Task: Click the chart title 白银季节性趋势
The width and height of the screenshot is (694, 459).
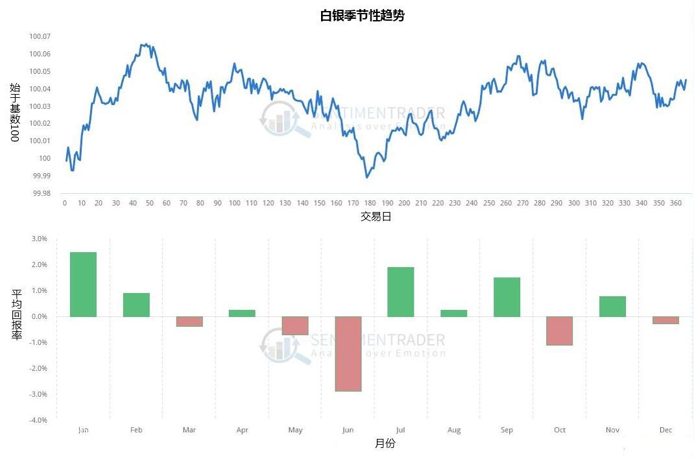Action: pos(362,16)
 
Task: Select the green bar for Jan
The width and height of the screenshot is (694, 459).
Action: pos(83,284)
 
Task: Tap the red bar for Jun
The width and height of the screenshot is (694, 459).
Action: pos(348,353)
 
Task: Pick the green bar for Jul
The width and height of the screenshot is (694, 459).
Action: pos(400,292)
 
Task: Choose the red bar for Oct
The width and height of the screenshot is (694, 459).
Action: pos(559,331)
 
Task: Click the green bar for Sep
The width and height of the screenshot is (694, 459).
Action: pos(507,297)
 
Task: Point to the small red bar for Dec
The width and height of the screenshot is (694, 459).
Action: pos(665,320)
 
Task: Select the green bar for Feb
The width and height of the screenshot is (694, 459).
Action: pos(136,305)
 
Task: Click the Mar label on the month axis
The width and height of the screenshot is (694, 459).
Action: pos(189,430)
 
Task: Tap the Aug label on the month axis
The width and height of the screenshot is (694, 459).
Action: pos(454,430)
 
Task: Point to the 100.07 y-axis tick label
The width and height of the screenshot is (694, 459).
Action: pos(40,36)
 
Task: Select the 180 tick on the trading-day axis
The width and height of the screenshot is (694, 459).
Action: pos(370,203)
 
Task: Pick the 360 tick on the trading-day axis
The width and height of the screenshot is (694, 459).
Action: pos(675,203)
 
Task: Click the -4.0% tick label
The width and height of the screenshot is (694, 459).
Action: pos(38,420)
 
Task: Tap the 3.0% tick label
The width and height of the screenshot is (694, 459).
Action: pos(40,239)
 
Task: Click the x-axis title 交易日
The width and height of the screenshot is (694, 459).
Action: pos(376,217)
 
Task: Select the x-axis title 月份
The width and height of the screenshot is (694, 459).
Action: pos(385,443)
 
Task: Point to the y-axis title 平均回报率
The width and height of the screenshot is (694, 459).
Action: pos(16,315)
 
